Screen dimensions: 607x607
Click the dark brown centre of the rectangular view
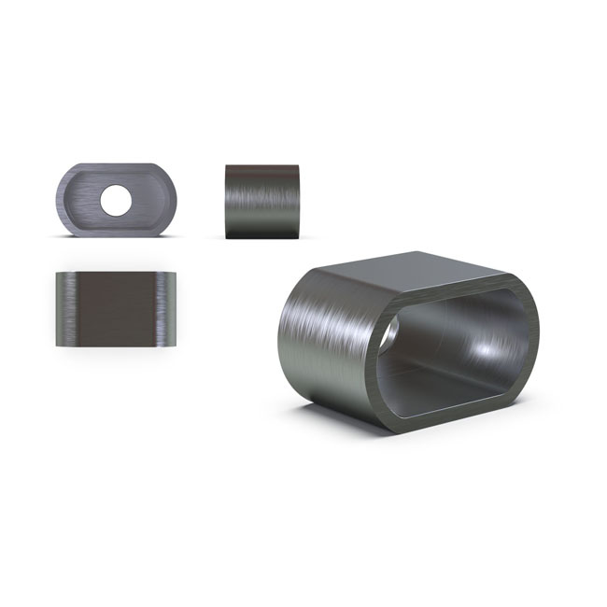(116, 308)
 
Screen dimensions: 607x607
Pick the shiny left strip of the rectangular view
(65, 308)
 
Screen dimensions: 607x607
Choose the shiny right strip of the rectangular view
(167, 308)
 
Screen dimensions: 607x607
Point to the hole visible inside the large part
(388, 332)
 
